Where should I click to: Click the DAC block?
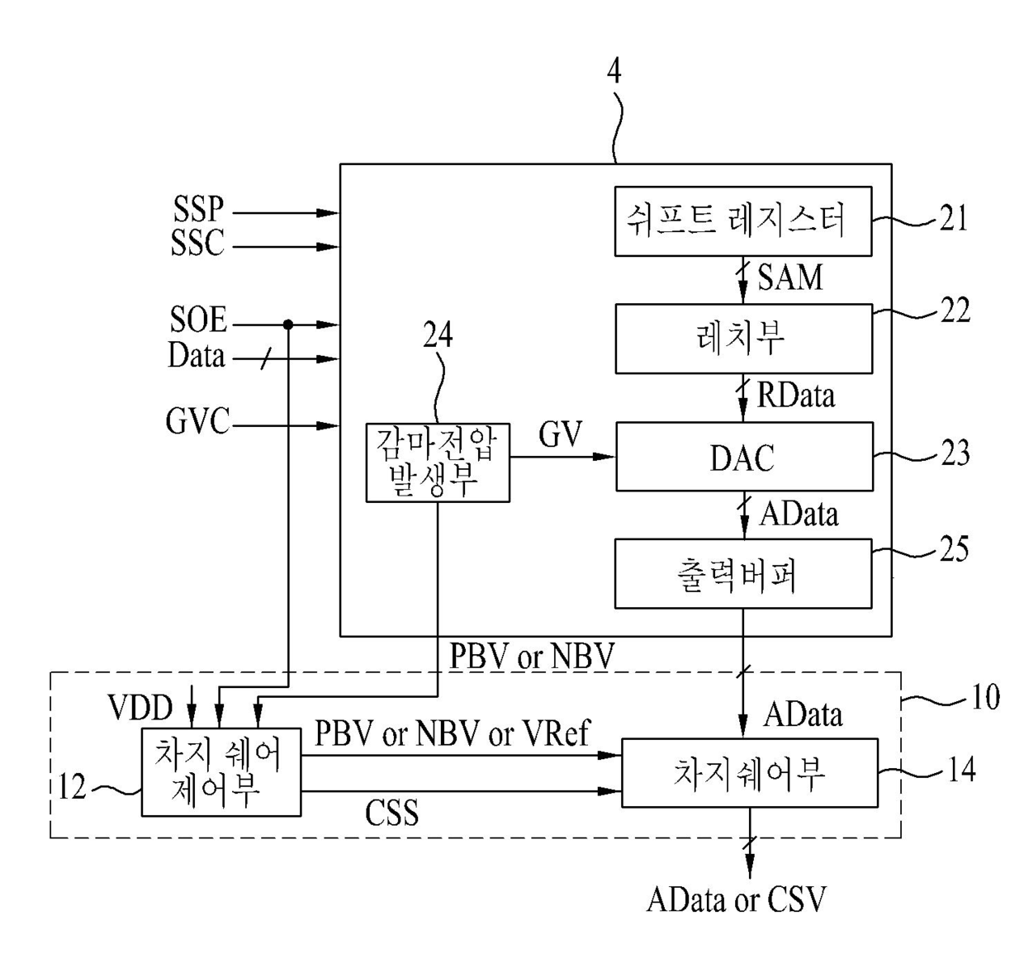click(x=745, y=457)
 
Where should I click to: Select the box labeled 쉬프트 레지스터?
click(x=743, y=221)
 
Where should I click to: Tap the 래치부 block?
click(x=744, y=339)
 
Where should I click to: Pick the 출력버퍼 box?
click(x=743, y=574)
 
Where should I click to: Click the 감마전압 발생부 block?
click(x=438, y=463)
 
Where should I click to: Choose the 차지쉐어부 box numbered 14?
click(x=750, y=773)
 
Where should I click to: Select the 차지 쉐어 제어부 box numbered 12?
click(x=221, y=772)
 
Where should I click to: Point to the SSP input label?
click(x=198, y=210)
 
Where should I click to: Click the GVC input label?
click(x=197, y=421)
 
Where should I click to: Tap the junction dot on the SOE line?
click(x=288, y=325)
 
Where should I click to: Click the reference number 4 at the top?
click(x=614, y=72)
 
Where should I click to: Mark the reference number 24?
click(x=438, y=334)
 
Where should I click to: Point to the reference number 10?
click(x=986, y=696)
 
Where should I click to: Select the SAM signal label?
click(x=790, y=278)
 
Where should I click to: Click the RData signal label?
click(x=795, y=396)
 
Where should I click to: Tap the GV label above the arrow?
click(x=561, y=434)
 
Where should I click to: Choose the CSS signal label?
click(x=392, y=813)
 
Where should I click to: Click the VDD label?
click(x=140, y=707)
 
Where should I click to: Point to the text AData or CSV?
click(x=737, y=899)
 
